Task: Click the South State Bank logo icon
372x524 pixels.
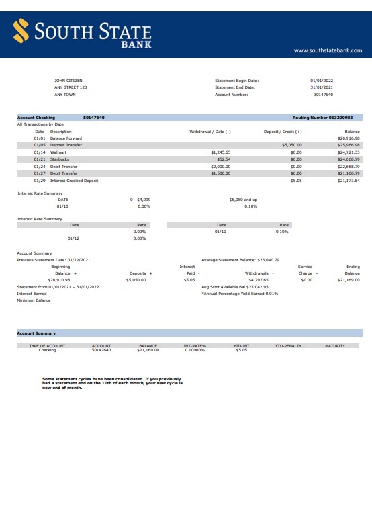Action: pos(21,30)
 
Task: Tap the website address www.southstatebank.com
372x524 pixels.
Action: pos(328,50)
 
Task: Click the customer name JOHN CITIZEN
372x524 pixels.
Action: pos(68,81)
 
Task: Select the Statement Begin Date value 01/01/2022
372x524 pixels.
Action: pos(322,81)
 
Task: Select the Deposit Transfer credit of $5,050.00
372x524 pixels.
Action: pos(292,145)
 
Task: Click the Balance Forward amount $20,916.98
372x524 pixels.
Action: pos(348,138)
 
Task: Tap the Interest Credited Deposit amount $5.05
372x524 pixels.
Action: pos(296,181)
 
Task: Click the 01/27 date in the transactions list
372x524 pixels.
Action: pos(40,173)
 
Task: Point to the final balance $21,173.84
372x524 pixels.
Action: pos(348,181)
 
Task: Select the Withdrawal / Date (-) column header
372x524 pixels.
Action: pos(210,132)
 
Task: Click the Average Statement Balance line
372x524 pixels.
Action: pos(240,259)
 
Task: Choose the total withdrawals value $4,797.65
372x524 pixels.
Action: pos(258,280)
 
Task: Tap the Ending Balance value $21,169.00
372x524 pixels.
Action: pos(348,280)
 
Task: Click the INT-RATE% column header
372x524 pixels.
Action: pos(195,346)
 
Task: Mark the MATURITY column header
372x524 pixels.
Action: pos(334,346)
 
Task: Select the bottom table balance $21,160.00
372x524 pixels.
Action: pos(148,350)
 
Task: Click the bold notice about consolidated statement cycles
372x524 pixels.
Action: pos(112,383)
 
